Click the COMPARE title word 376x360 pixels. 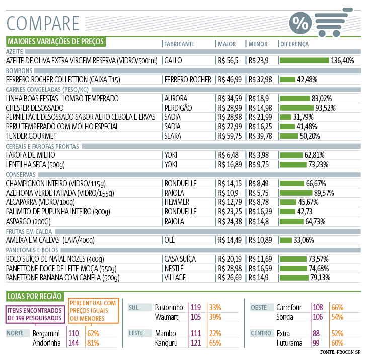pos(43,23)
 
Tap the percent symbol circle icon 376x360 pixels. pos(300,23)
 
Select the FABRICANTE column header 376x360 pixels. pos(179,44)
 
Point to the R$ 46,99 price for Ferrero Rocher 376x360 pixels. pos(230,79)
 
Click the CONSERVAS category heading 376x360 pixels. pos(20,174)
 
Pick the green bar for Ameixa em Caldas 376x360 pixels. pos(286,240)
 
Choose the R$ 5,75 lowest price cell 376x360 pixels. pos(259,193)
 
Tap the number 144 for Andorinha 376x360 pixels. pos(74,343)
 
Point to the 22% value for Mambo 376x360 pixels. pos(215,334)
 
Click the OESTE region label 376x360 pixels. pos(259,307)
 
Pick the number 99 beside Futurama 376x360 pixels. pos(316,343)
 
